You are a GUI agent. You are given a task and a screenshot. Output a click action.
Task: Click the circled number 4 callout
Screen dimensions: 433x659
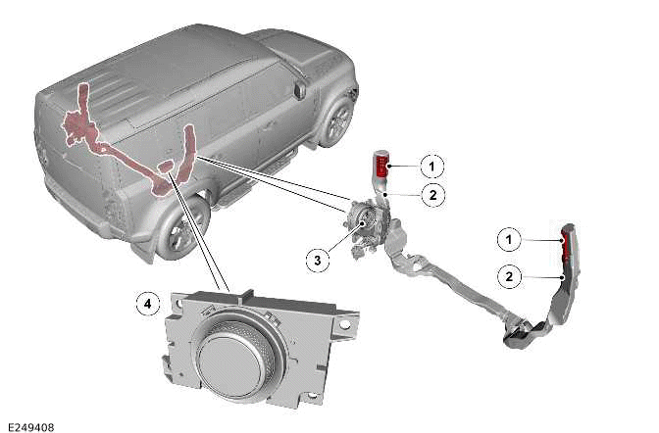point(147,305)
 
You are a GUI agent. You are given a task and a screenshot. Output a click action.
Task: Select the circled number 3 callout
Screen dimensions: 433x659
point(317,260)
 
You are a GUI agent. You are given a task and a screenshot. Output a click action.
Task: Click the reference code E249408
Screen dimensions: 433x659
point(32,426)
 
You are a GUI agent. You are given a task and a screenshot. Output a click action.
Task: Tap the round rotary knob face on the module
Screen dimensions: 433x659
point(236,354)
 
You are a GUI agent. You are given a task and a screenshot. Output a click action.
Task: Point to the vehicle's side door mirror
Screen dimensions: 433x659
point(299,89)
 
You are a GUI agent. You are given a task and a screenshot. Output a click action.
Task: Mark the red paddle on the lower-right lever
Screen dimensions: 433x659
point(567,245)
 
